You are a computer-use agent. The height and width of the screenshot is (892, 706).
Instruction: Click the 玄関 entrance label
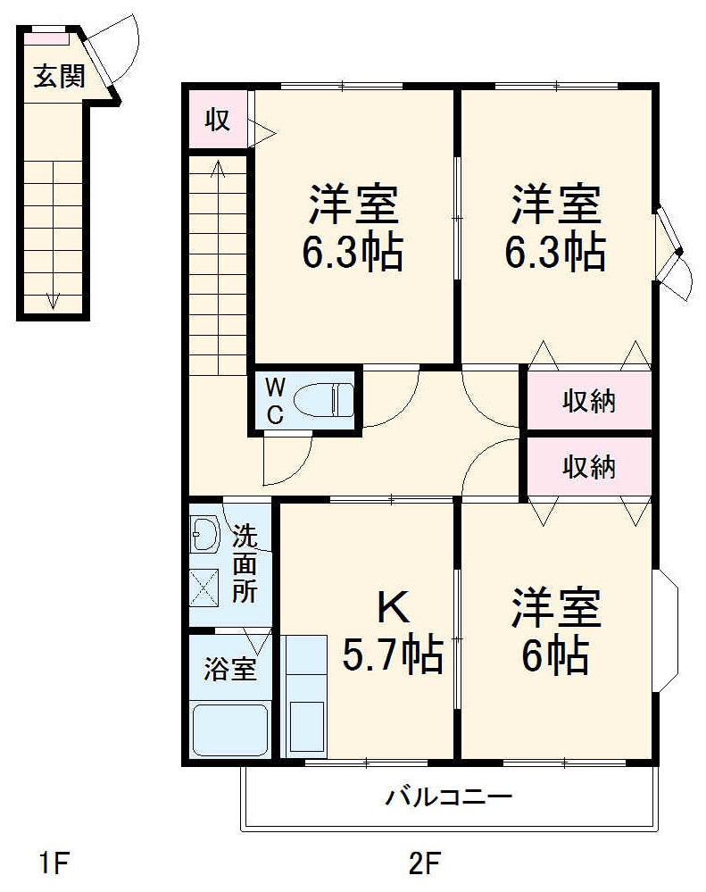[x=60, y=77]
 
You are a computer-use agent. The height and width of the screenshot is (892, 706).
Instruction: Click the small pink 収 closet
[x=217, y=119]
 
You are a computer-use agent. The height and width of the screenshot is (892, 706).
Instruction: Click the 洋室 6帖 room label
[x=555, y=633]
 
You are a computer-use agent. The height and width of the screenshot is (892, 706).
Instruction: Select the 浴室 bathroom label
[x=230, y=669]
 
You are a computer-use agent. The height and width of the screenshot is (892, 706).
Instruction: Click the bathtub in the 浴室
[x=231, y=729]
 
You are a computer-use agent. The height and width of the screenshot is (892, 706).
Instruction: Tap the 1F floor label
[x=54, y=864]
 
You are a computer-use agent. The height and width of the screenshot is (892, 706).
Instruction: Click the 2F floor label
[x=425, y=864]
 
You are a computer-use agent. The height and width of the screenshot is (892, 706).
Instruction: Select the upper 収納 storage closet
[x=589, y=402]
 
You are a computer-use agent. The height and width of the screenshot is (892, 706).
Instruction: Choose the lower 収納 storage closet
[x=589, y=465]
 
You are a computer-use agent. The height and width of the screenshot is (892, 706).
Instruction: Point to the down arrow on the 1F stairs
[x=53, y=300]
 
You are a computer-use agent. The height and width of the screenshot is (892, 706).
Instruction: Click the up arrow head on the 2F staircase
[x=218, y=165]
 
